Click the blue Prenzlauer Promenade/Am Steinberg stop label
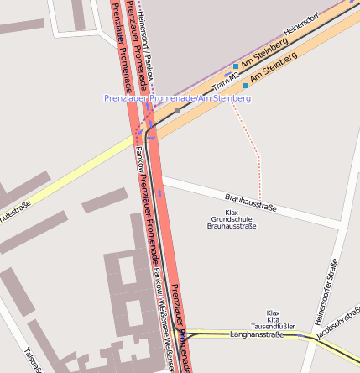[x=177, y=98]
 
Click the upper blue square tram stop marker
[x=235, y=66]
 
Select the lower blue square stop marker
[x=245, y=85]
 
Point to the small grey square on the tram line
[x=176, y=110]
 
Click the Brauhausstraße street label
[x=250, y=202]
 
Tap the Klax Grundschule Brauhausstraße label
[x=231, y=219]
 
